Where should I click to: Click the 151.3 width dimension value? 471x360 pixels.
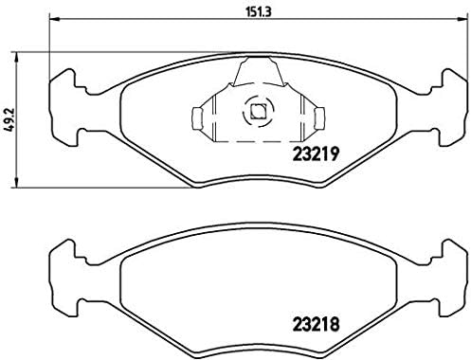[x=249, y=14]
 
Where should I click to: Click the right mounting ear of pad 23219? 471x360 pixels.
[x=449, y=86]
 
